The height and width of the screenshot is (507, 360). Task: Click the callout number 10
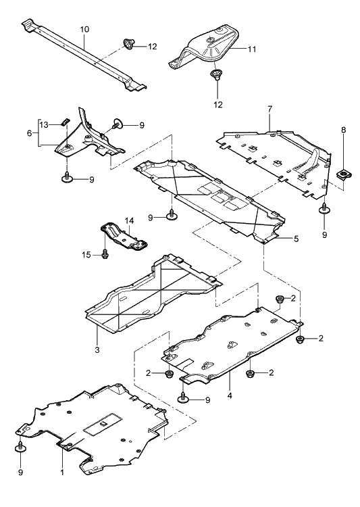[84, 30]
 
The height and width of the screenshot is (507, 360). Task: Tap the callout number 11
[252, 49]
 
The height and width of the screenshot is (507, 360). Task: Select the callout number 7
[270, 109]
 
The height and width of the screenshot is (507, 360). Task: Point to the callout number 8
[343, 130]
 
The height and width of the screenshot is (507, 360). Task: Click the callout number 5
[296, 239]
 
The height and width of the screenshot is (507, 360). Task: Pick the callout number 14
[129, 221]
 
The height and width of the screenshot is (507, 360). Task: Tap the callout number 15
[86, 255]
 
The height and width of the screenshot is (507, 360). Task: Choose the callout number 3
[97, 349]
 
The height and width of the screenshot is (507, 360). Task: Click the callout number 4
[230, 395]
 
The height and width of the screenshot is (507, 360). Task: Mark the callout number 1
[62, 473]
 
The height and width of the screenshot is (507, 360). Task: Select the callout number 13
[44, 125]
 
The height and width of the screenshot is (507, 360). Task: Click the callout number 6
[30, 133]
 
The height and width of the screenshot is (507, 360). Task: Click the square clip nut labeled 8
[342, 175]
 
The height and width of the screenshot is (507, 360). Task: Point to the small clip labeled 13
[65, 122]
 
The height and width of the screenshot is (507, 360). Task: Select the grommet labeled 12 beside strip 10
[129, 44]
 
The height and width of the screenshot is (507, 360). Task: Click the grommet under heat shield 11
[216, 74]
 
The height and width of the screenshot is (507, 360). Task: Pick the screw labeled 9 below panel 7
[324, 209]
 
